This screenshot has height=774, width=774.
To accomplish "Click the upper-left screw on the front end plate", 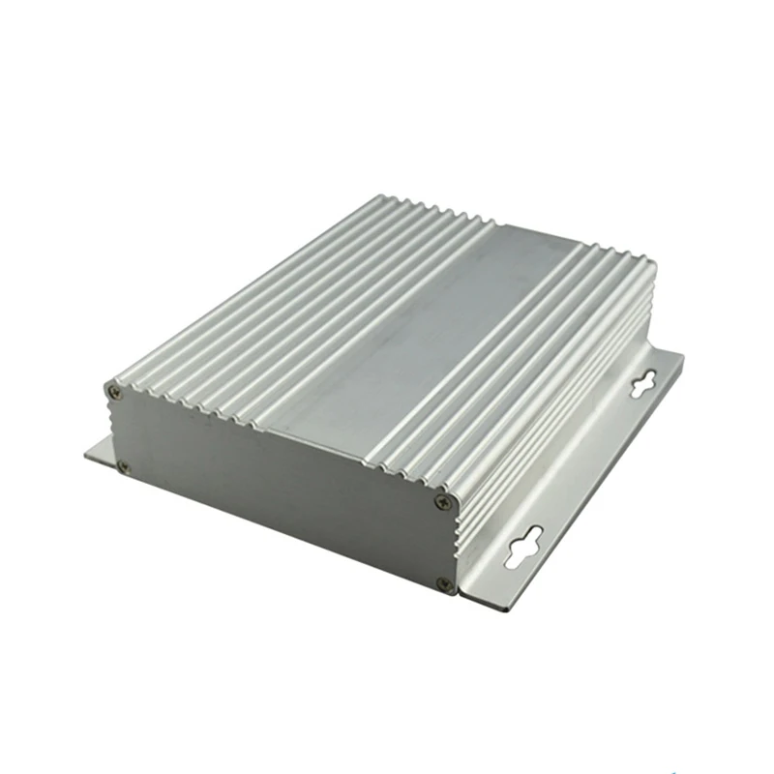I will click(x=115, y=392).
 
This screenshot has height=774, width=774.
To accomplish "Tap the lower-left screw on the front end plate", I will click(x=123, y=466).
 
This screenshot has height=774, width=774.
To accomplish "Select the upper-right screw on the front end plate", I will click(x=443, y=501).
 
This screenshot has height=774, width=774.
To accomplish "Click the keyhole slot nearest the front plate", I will click(x=524, y=549).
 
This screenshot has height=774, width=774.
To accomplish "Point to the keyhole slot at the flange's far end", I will click(x=643, y=382).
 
